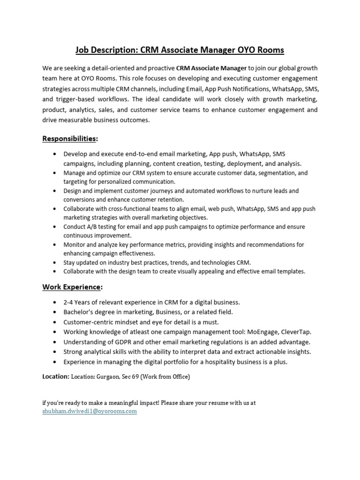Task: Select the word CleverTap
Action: tap(296, 332)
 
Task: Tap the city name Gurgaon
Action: tap(106, 376)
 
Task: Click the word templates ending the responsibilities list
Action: tap(290, 271)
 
